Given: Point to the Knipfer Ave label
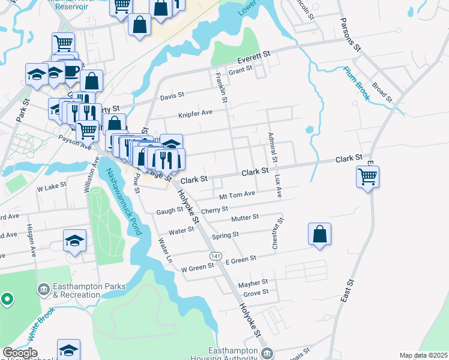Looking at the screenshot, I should [x=195, y=112].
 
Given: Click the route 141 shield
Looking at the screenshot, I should [x=214, y=256].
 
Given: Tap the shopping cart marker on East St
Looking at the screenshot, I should [x=367, y=177].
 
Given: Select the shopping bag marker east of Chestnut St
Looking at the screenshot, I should [x=320, y=234].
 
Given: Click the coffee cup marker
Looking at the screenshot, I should [x=71, y=70].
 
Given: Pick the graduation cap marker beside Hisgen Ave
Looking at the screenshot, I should [x=75, y=242].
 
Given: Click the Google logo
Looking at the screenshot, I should [x=20, y=352].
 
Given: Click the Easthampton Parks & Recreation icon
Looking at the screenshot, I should [x=43, y=289].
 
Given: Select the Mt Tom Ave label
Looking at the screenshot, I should [x=238, y=194].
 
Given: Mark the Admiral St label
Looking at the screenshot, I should [x=272, y=148].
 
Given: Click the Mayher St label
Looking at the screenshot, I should [x=253, y=282].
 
